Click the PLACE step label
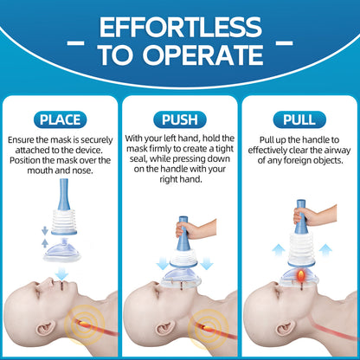[x=60, y=119]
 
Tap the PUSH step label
[x=180, y=119]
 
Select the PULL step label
[x=299, y=119]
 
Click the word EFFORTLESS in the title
[x=181, y=27]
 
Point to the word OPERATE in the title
[x=202, y=55]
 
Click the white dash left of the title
[x=75, y=43]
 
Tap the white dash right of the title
[x=284, y=43]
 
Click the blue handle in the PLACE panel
[x=64, y=195]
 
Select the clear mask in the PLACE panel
[x=62, y=252]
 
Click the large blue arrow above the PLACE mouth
[x=61, y=273]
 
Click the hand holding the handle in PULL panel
[x=314, y=215]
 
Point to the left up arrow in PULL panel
[x=279, y=250]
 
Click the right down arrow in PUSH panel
[x=207, y=263]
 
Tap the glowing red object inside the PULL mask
[x=300, y=274]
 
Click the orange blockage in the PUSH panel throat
[x=205, y=327]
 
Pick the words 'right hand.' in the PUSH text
[x=180, y=179]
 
